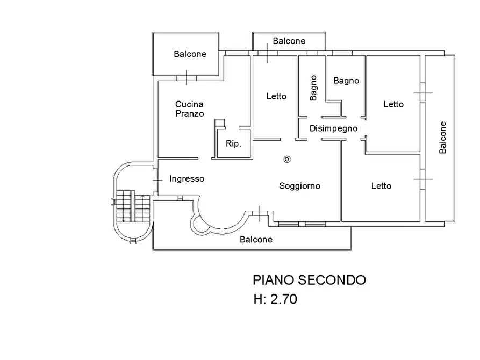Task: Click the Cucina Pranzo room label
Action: click(x=189, y=109)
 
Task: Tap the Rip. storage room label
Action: click(x=233, y=144)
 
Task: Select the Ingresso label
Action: click(x=187, y=179)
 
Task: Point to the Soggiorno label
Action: click(x=299, y=186)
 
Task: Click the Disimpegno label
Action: click(x=333, y=128)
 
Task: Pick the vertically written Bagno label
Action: click(x=313, y=88)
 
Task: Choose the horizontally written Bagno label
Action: click(x=346, y=81)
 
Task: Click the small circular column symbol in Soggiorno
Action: click(x=287, y=159)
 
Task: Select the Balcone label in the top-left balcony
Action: click(x=190, y=54)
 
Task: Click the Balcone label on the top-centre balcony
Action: click(x=289, y=41)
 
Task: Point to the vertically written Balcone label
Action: click(x=442, y=138)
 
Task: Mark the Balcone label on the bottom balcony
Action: click(x=256, y=240)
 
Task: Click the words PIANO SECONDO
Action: click(x=309, y=280)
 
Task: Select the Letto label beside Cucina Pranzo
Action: click(x=276, y=97)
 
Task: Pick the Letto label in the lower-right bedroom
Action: click(x=381, y=186)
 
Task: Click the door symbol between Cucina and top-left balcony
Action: click(x=186, y=77)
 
